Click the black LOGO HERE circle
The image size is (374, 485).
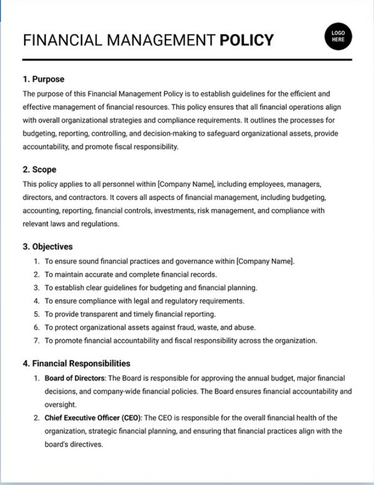338,36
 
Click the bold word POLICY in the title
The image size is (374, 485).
246,41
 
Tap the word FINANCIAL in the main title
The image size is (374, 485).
57,41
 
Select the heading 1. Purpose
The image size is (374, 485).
43,79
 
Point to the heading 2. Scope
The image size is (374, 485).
40,170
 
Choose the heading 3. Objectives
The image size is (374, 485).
48,247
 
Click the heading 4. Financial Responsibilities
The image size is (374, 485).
76,363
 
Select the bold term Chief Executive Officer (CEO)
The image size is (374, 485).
93,418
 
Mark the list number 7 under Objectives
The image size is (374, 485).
36,341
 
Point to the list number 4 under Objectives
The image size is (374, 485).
36,301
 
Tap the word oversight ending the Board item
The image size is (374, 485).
60,405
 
